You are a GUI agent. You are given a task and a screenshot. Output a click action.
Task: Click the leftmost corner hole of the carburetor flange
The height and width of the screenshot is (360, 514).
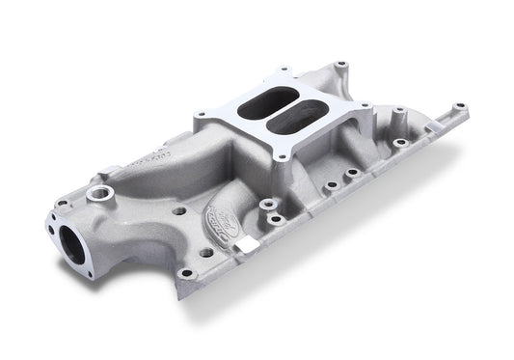click(200, 115)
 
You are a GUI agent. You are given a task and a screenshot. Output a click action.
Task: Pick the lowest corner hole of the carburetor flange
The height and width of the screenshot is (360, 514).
click(280, 153)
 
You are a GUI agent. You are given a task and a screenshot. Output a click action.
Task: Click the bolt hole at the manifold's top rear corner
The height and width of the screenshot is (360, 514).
click(340, 67)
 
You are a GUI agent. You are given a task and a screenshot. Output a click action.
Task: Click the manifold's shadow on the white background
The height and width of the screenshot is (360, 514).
click(318, 290)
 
